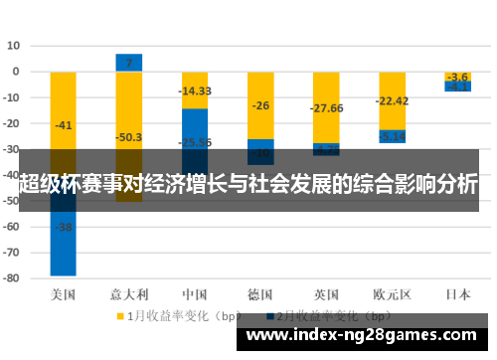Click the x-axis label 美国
pyautogui.click(x=64, y=294)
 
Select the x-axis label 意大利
pyautogui.click(x=128, y=294)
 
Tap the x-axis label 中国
pyautogui.click(x=195, y=294)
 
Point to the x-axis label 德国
pyautogui.click(x=260, y=294)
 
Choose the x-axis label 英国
pyautogui.click(x=326, y=294)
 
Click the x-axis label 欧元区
pyautogui.click(x=392, y=294)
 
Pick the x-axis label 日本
pyautogui.click(x=457, y=294)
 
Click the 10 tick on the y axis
pyautogui.click(x=14, y=46)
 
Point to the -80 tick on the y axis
pyautogui.click(x=12, y=279)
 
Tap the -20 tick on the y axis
pyautogui.click(x=12, y=123)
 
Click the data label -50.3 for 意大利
pyautogui.click(x=128, y=137)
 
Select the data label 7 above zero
pyautogui.click(x=128, y=64)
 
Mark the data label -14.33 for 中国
pyautogui.click(x=195, y=91)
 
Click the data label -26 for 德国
pyautogui.click(x=260, y=105)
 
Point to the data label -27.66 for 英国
pyautogui.click(x=326, y=108)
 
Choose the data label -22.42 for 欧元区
pyautogui.click(x=392, y=100)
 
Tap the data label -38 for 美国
pyautogui.click(x=64, y=227)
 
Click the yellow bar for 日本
pyautogui.click(x=457, y=76)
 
